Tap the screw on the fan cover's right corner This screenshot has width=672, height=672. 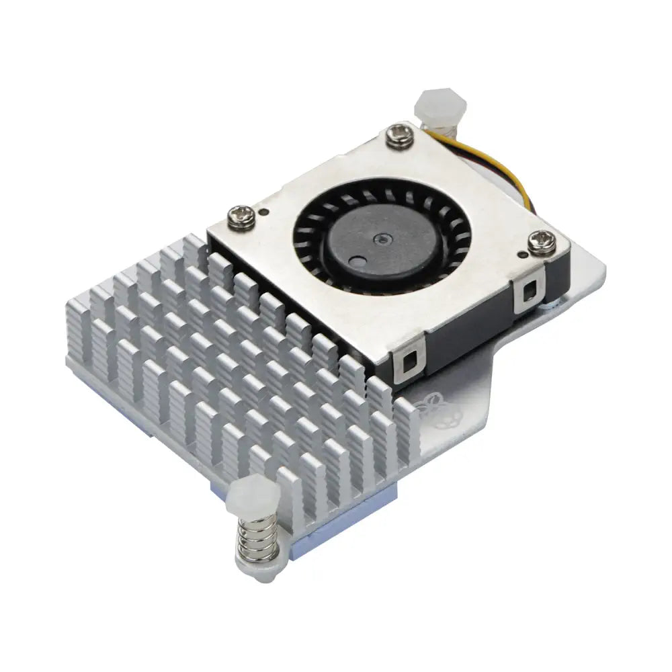[x=542, y=241]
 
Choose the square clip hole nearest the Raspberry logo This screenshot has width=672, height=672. [x=409, y=364]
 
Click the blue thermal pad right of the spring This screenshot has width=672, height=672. [x=302, y=538]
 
